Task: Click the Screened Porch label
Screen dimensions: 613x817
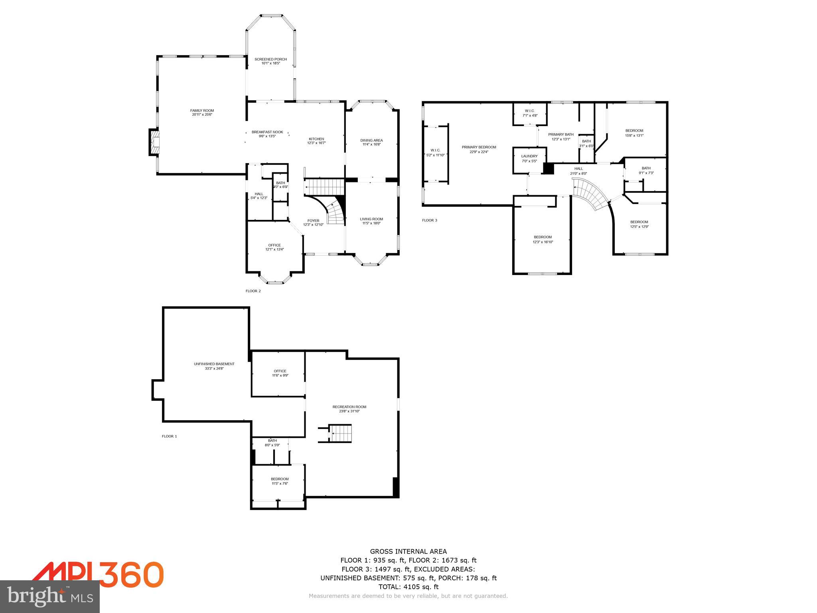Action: [x=270, y=59]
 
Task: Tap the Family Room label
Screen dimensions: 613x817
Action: [x=202, y=111]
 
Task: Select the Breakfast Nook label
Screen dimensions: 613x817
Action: [x=267, y=132]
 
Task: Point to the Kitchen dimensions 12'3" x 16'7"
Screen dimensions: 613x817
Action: [x=316, y=143]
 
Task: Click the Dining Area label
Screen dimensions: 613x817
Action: [x=371, y=140]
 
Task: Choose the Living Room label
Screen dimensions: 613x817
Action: [x=371, y=219]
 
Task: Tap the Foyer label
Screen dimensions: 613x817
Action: [x=313, y=221]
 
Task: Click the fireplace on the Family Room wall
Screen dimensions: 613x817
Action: [x=154, y=142]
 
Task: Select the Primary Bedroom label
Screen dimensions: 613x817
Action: [x=479, y=147]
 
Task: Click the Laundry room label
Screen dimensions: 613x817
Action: [x=529, y=156]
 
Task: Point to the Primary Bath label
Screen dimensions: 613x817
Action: [x=561, y=134]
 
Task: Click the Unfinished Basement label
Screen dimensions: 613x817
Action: [x=214, y=364]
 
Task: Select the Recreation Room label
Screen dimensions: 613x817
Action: [x=349, y=407]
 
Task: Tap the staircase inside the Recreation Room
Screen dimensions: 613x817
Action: [x=341, y=433]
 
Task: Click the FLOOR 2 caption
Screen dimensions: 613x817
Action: [x=253, y=291]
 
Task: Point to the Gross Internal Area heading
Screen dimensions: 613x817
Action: [x=408, y=552]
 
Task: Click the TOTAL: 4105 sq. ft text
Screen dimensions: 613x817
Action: [x=408, y=587]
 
